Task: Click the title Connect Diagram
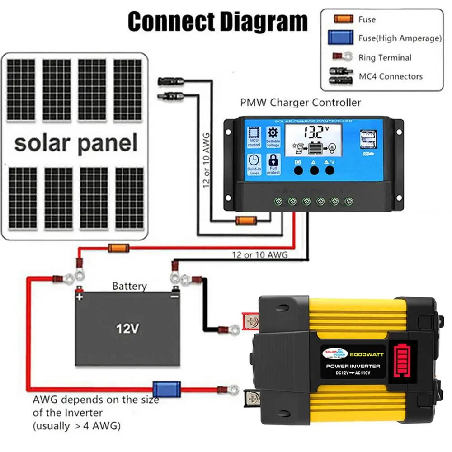click(x=217, y=21)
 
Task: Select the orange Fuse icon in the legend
click(x=344, y=19)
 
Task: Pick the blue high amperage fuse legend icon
click(x=340, y=38)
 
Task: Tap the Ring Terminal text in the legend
click(x=385, y=57)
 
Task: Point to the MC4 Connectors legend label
click(x=391, y=76)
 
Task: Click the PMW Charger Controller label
click(x=301, y=103)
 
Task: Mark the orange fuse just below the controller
click(x=246, y=221)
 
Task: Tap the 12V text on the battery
click(x=127, y=329)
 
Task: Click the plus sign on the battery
click(x=80, y=297)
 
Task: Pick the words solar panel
click(x=75, y=143)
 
